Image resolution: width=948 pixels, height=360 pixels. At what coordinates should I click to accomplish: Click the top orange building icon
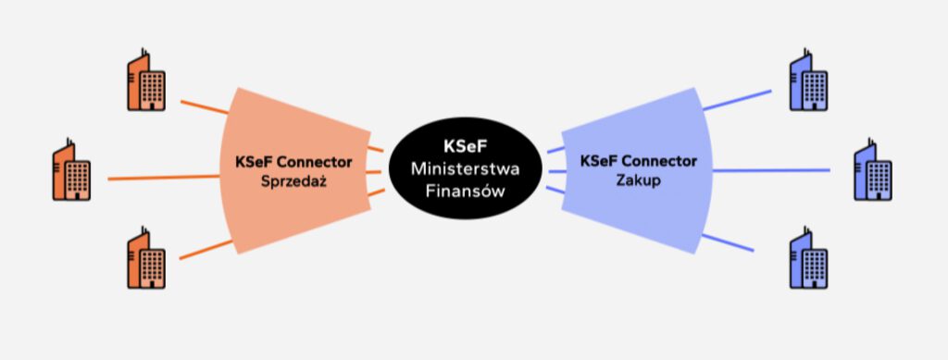point(145,81)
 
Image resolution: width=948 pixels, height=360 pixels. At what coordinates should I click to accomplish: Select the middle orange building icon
point(71,170)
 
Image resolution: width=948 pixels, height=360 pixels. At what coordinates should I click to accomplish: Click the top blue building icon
point(807,81)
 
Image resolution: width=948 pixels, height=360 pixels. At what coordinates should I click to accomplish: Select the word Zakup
point(638,179)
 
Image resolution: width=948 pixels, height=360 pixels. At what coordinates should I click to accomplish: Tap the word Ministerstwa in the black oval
point(466,169)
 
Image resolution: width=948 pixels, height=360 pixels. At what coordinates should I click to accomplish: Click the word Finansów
point(466,191)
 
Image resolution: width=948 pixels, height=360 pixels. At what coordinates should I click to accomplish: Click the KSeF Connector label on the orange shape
point(293,162)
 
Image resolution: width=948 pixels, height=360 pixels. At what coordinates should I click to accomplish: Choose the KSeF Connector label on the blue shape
point(638,161)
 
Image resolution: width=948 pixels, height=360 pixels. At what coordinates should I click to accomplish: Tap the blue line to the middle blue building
point(773,170)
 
